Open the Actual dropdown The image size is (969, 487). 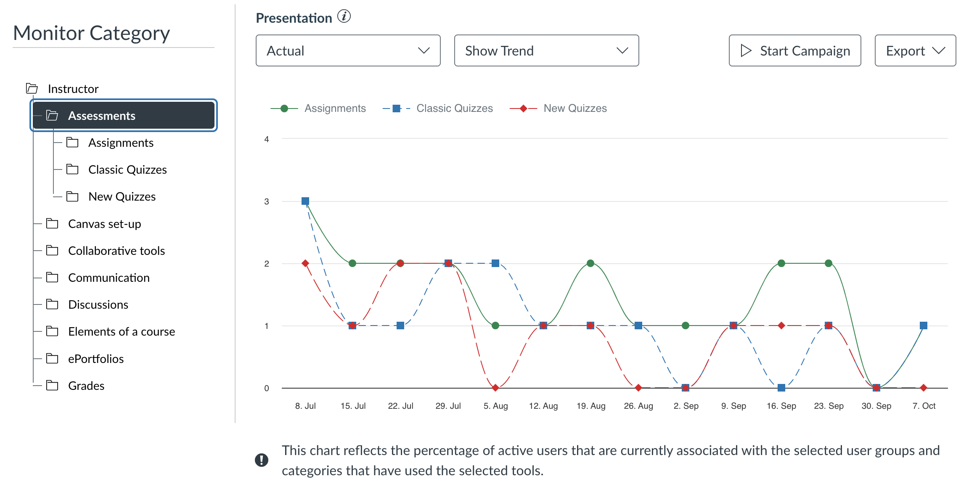(348, 50)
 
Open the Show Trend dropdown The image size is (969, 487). (546, 50)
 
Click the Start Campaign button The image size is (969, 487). (794, 50)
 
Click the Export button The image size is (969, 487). (915, 50)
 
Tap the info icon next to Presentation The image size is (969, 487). (344, 16)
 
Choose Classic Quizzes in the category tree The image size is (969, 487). (127, 169)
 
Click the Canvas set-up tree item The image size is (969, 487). (104, 224)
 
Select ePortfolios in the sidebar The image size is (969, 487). (95, 359)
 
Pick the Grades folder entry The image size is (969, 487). (86, 386)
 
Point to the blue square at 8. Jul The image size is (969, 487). (305, 201)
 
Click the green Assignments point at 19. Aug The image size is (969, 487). (590, 263)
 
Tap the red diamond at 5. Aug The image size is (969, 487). (495, 387)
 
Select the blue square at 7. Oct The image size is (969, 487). (923, 326)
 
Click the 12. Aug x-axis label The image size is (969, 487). (543, 406)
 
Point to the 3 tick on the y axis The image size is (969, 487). (267, 201)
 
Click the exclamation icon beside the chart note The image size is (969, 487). (261, 460)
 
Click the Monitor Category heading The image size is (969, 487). (92, 33)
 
